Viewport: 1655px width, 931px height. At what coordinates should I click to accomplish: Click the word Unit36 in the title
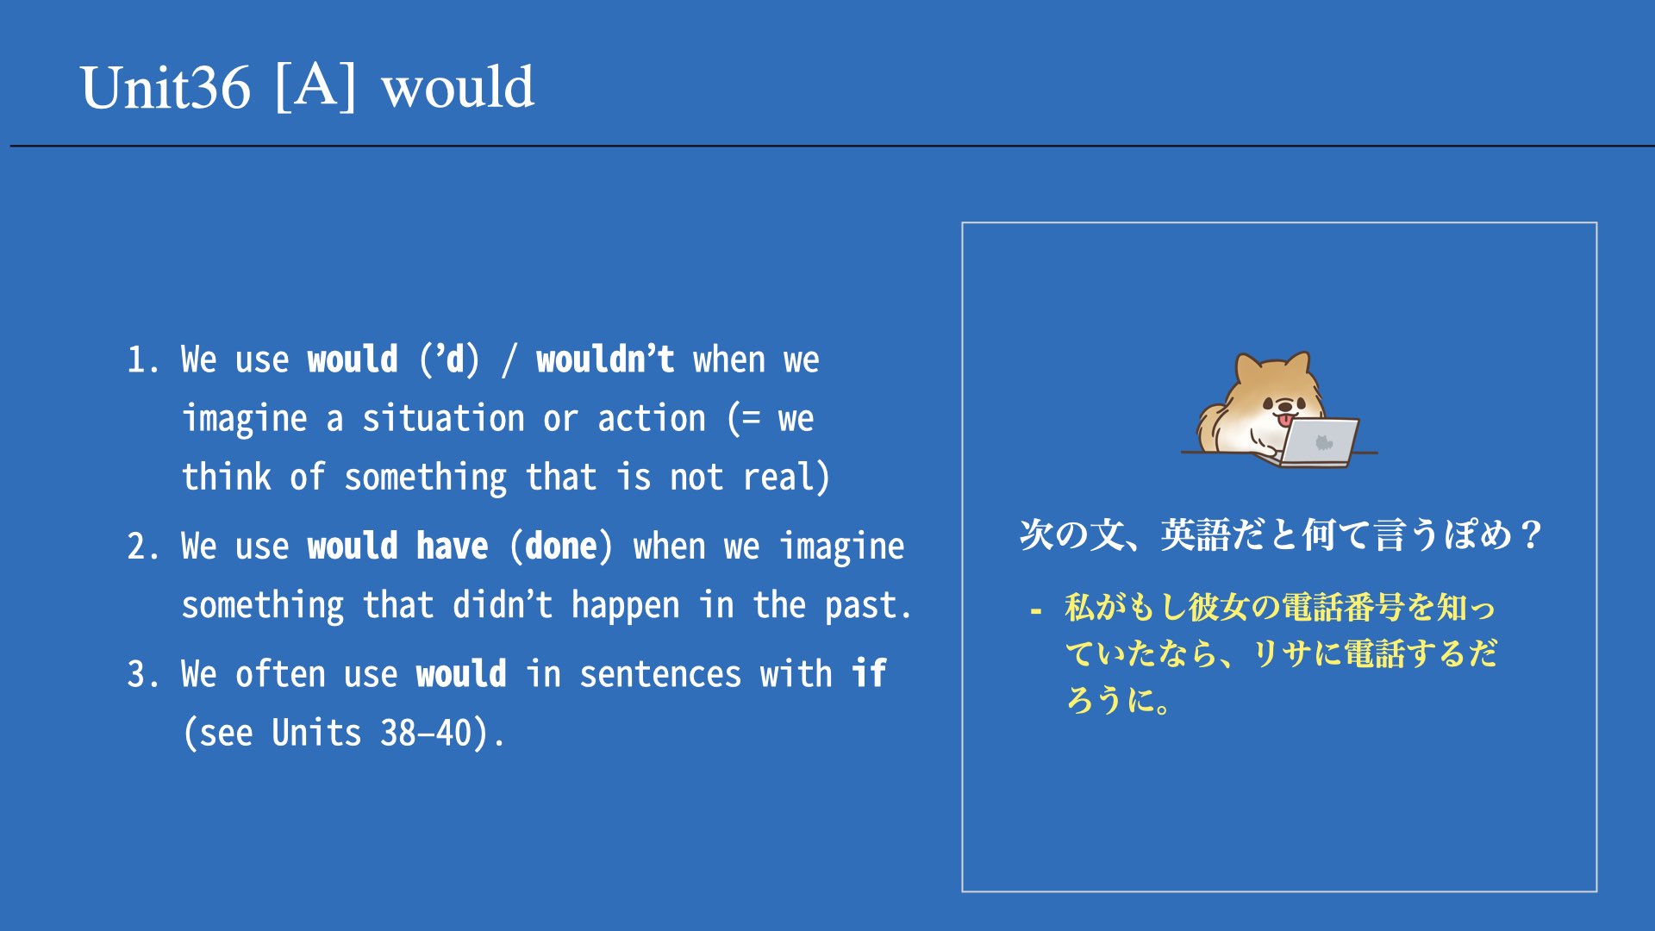[165, 88]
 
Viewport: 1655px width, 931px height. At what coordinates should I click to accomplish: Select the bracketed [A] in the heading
[315, 86]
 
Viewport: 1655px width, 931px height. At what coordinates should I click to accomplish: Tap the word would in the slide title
[459, 88]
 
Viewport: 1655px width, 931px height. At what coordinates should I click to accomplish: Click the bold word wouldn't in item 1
[605, 359]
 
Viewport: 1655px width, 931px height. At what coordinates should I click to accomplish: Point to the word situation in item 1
[443, 419]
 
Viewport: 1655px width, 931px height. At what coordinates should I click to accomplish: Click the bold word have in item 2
[453, 547]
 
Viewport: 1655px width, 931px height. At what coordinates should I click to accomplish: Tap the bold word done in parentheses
[561, 547]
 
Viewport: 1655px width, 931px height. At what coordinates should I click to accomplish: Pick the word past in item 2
[860, 606]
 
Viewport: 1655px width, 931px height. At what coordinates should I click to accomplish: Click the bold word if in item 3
[869, 673]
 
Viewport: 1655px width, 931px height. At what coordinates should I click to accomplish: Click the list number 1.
[143, 360]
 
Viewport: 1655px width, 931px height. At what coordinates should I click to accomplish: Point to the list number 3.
[143, 674]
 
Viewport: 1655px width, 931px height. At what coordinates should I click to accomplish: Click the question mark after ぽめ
[1531, 535]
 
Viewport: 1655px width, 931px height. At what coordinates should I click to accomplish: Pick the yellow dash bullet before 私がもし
[1036, 612]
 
